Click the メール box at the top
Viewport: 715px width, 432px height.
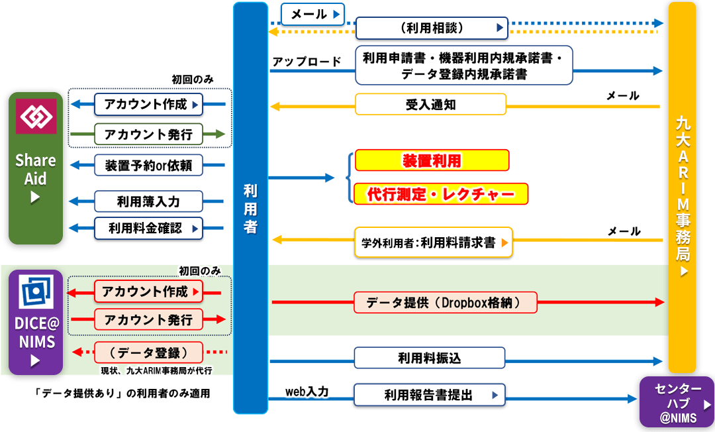tap(312, 14)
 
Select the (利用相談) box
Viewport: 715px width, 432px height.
tap(432, 28)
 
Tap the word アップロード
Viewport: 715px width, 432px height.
tap(307, 62)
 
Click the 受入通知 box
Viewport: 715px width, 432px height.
tap(430, 105)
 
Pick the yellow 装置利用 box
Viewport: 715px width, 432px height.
tap(432, 160)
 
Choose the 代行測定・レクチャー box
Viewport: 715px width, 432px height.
tap(441, 193)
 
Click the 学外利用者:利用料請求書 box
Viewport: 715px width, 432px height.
tap(434, 243)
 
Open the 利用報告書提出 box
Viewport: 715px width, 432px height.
tap(430, 396)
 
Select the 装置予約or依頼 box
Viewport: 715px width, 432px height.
tap(148, 165)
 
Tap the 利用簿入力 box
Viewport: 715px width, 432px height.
tap(148, 201)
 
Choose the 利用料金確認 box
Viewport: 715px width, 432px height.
tap(148, 229)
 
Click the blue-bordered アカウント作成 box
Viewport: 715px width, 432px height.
tap(148, 104)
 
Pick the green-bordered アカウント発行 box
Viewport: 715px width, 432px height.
tap(148, 135)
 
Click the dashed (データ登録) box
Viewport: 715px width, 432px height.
tap(148, 351)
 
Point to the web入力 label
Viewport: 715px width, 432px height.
tap(307, 392)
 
